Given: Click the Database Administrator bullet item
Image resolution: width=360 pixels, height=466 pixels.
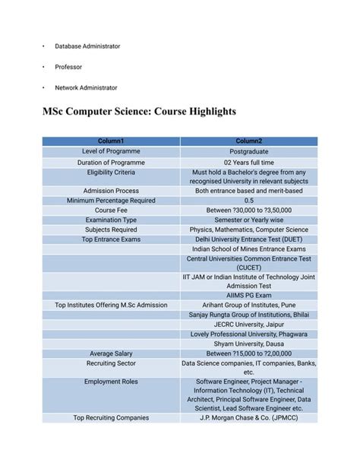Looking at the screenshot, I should click(87, 46).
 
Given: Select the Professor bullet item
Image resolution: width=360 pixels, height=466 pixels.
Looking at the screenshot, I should click(68, 67).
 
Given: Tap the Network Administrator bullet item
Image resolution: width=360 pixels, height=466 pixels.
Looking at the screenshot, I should click(86, 88).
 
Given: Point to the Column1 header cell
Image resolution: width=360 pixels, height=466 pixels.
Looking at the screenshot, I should click(111, 141).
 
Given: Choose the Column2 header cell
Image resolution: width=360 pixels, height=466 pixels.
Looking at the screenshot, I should click(248, 141).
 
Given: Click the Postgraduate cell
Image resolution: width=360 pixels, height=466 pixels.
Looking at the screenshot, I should click(248, 151).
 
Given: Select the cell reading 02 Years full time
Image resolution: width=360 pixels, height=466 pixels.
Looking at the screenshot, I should click(248, 162).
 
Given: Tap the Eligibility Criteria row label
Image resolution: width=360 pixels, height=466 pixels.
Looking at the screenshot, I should click(111, 172).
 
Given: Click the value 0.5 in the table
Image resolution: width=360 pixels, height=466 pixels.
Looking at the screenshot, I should click(248, 201).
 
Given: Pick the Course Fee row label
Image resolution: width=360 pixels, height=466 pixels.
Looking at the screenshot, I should click(111, 210).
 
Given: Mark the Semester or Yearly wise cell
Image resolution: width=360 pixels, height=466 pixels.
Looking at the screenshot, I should click(248, 220).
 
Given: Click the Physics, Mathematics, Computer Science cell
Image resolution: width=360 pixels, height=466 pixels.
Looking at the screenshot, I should click(248, 229).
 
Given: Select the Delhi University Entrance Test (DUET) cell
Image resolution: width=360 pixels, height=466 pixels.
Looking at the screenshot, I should click(248, 239).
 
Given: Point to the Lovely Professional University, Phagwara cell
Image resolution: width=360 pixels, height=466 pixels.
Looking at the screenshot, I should click(248, 334).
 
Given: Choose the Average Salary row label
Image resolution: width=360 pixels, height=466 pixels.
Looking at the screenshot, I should click(111, 353).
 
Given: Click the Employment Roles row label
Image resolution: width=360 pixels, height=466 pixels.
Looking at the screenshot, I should click(111, 382).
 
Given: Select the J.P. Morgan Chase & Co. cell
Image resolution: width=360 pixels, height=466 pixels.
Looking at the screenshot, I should click(248, 417).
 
